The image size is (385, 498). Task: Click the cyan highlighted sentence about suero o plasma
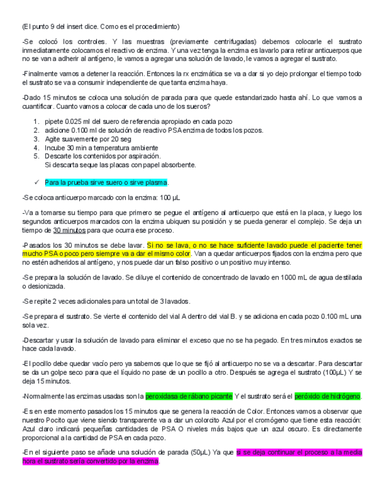click(x=106, y=183)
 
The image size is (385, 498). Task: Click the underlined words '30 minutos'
click(x=69, y=230)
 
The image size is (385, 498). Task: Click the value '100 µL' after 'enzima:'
click(x=171, y=198)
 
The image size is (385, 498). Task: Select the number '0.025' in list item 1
click(x=81, y=122)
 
